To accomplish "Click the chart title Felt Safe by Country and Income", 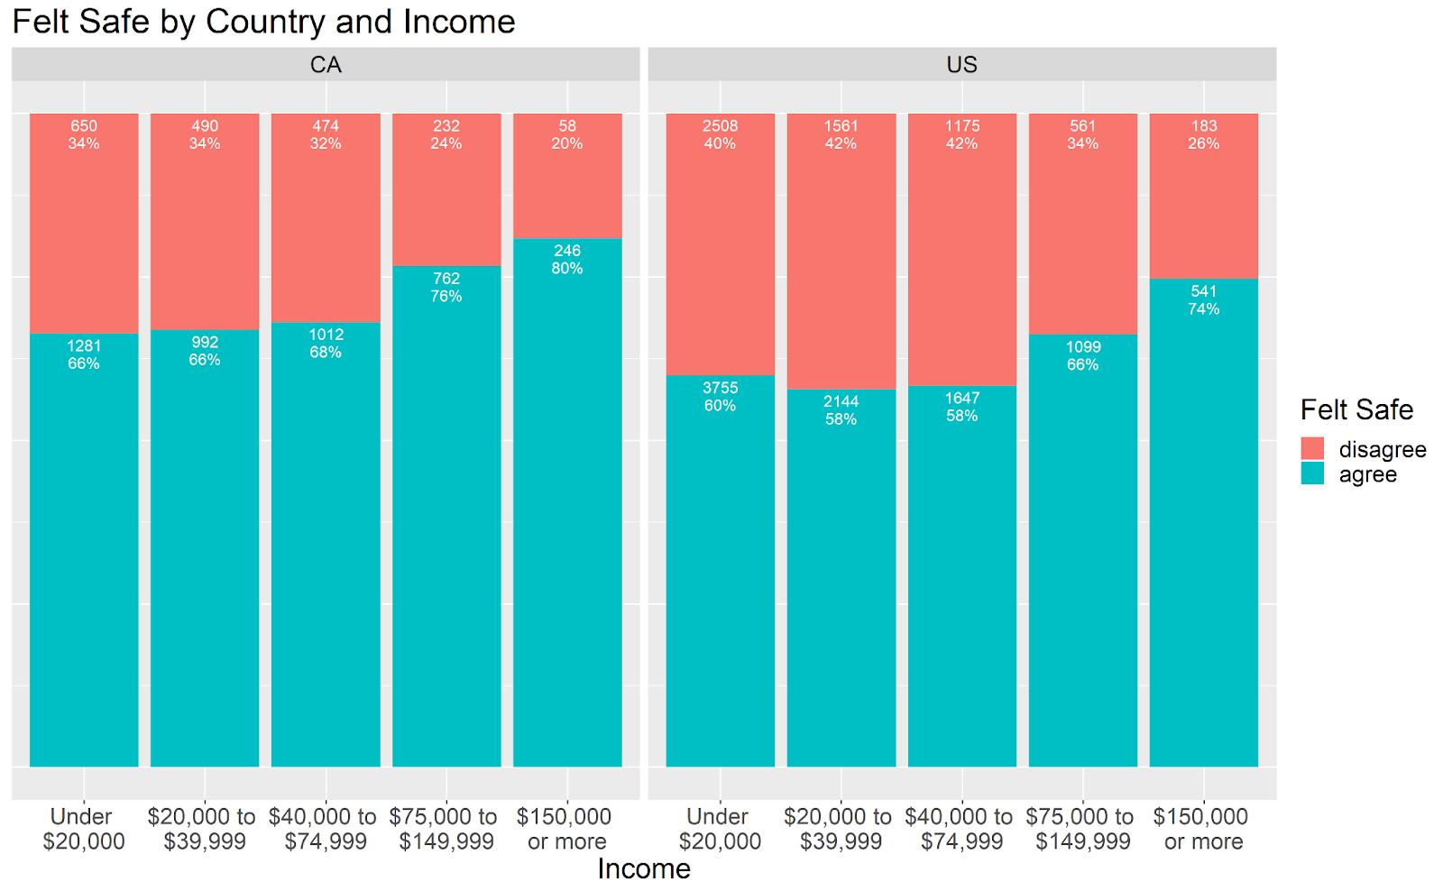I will [x=263, y=22].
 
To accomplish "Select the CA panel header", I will [x=326, y=65].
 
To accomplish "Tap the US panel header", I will [x=961, y=65].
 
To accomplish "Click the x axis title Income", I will [x=644, y=868].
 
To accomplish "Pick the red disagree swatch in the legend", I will [x=1312, y=449].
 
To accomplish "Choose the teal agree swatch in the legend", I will [x=1312, y=474].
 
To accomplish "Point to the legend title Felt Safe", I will [x=1356, y=410].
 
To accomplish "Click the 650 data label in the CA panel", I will [x=84, y=126].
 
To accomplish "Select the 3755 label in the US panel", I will [x=721, y=388].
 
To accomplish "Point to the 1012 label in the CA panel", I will [x=326, y=335].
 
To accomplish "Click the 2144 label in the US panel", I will [x=841, y=401].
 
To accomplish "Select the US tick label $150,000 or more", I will [x=1204, y=829].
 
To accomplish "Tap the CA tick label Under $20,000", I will [x=84, y=829].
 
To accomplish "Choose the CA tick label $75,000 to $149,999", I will [x=446, y=829].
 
